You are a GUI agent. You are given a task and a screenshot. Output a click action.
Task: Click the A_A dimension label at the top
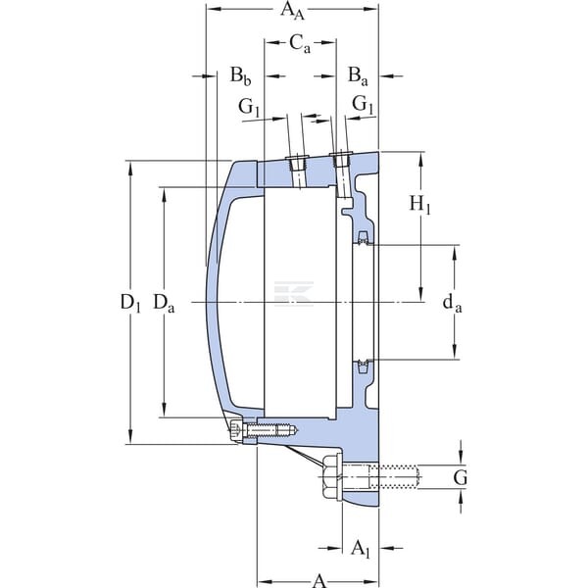(292, 10)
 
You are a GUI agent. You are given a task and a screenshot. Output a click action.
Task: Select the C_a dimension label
(300, 44)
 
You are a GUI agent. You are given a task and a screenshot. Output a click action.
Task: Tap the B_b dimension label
(240, 76)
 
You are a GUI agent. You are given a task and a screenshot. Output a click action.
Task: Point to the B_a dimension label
(358, 76)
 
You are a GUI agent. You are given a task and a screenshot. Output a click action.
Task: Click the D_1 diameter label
(130, 303)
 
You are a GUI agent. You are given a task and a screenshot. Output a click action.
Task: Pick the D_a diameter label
(164, 303)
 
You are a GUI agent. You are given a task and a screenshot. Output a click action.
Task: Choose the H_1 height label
(419, 205)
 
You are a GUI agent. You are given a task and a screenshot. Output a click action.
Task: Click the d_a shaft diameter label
(452, 303)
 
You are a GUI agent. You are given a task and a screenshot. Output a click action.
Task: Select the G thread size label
(461, 478)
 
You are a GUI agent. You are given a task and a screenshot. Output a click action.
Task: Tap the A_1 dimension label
(361, 549)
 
